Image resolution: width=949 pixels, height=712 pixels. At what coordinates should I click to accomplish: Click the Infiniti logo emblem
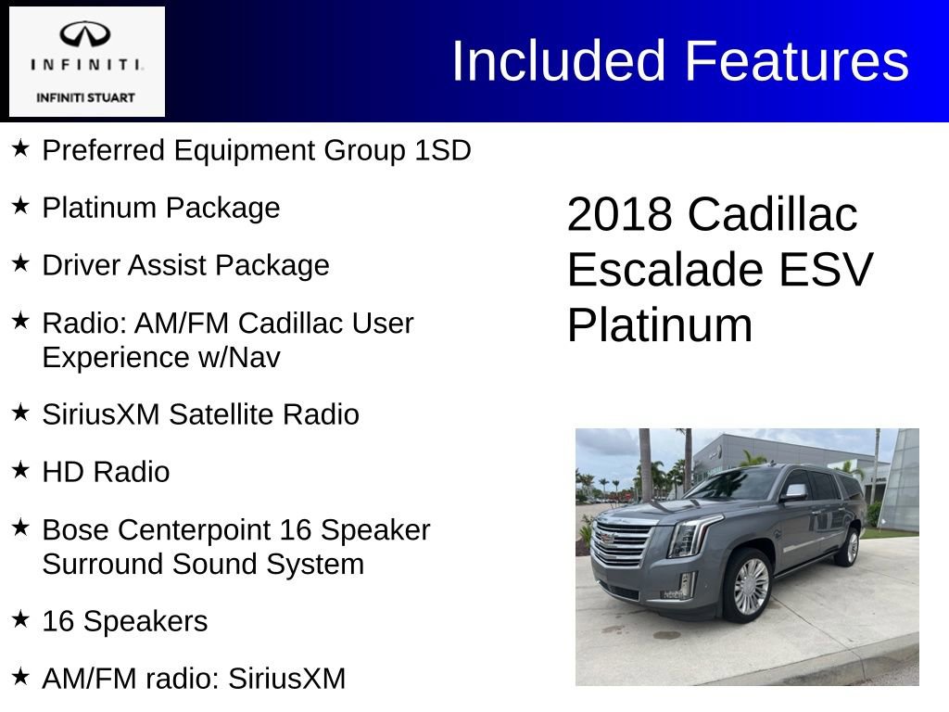pyautogui.click(x=85, y=36)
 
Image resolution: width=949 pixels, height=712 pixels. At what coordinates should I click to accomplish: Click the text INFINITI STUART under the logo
pyautogui.click(x=85, y=97)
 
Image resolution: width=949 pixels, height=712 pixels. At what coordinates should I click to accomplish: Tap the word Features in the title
pyautogui.click(x=796, y=61)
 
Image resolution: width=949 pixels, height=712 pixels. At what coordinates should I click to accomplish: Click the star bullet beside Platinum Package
pyautogui.click(x=20, y=206)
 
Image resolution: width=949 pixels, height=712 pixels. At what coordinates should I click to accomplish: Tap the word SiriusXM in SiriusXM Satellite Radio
pyautogui.click(x=101, y=414)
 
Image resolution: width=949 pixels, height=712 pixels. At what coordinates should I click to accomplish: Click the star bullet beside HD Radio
pyautogui.click(x=20, y=470)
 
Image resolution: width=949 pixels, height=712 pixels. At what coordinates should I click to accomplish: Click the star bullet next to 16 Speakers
pyautogui.click(x=20, y=619)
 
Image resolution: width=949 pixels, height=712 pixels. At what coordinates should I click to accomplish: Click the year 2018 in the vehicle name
pyautogui.click(x=619, y=214)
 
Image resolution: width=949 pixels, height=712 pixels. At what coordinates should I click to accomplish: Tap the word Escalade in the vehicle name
pyautogui.click(x=664, y=270)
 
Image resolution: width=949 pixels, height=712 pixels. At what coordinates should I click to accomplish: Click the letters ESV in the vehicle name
pyautogui.click(x=824, y=270)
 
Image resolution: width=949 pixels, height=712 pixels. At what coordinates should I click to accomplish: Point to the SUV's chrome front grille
pyautogui.click(x=622, y=546)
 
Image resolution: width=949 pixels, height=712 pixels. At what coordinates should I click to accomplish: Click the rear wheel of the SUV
pyautogui.click(x=847, y=547)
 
